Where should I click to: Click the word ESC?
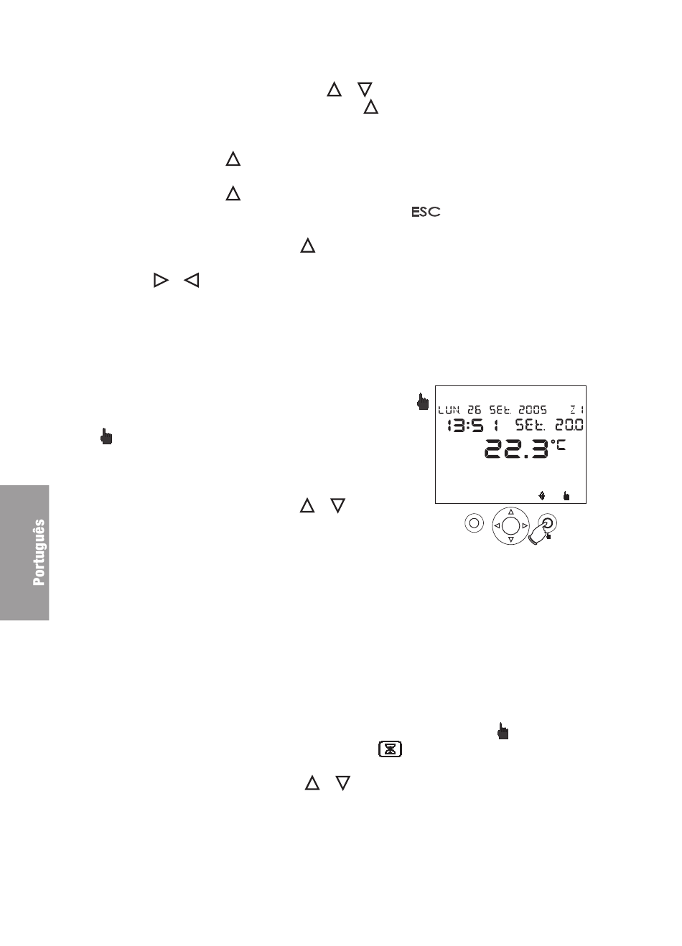(426, 212)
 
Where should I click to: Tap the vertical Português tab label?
(39, 553)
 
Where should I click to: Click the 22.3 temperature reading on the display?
(516, 449)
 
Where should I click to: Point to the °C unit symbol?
(558, 445)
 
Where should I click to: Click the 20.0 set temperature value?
(569, 425)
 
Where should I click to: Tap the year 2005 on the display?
(533, 410)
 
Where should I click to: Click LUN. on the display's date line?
(449, 410)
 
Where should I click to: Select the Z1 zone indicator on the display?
(577, 410)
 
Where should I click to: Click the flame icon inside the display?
(542, 495)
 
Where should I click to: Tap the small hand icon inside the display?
(566, 496)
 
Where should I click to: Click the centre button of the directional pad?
(510, 526)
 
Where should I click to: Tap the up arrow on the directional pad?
(510, 512)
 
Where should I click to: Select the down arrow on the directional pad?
(510, 540)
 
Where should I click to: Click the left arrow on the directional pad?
(497, 526)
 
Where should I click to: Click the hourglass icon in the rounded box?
(390, 749)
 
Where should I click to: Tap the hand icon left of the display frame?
(422, 401)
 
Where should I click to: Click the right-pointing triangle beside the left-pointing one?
(161, 281)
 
